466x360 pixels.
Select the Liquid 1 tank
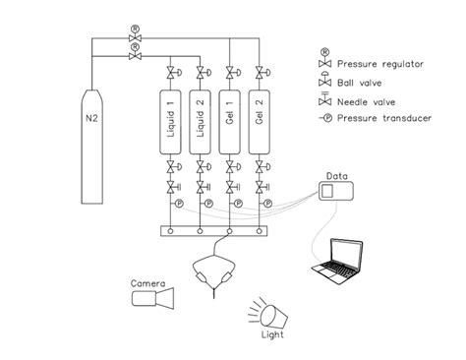point(171,123)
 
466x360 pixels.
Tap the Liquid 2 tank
point(201,123)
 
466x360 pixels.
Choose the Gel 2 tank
point(260,123)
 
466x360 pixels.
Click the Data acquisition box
point(337,187)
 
